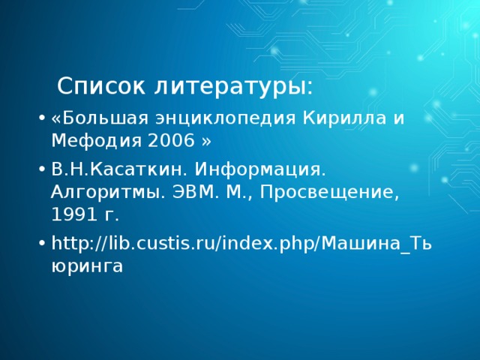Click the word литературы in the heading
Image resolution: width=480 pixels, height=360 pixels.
tap(233, 86)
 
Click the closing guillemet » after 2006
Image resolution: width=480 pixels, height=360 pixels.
tap(208, 140)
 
